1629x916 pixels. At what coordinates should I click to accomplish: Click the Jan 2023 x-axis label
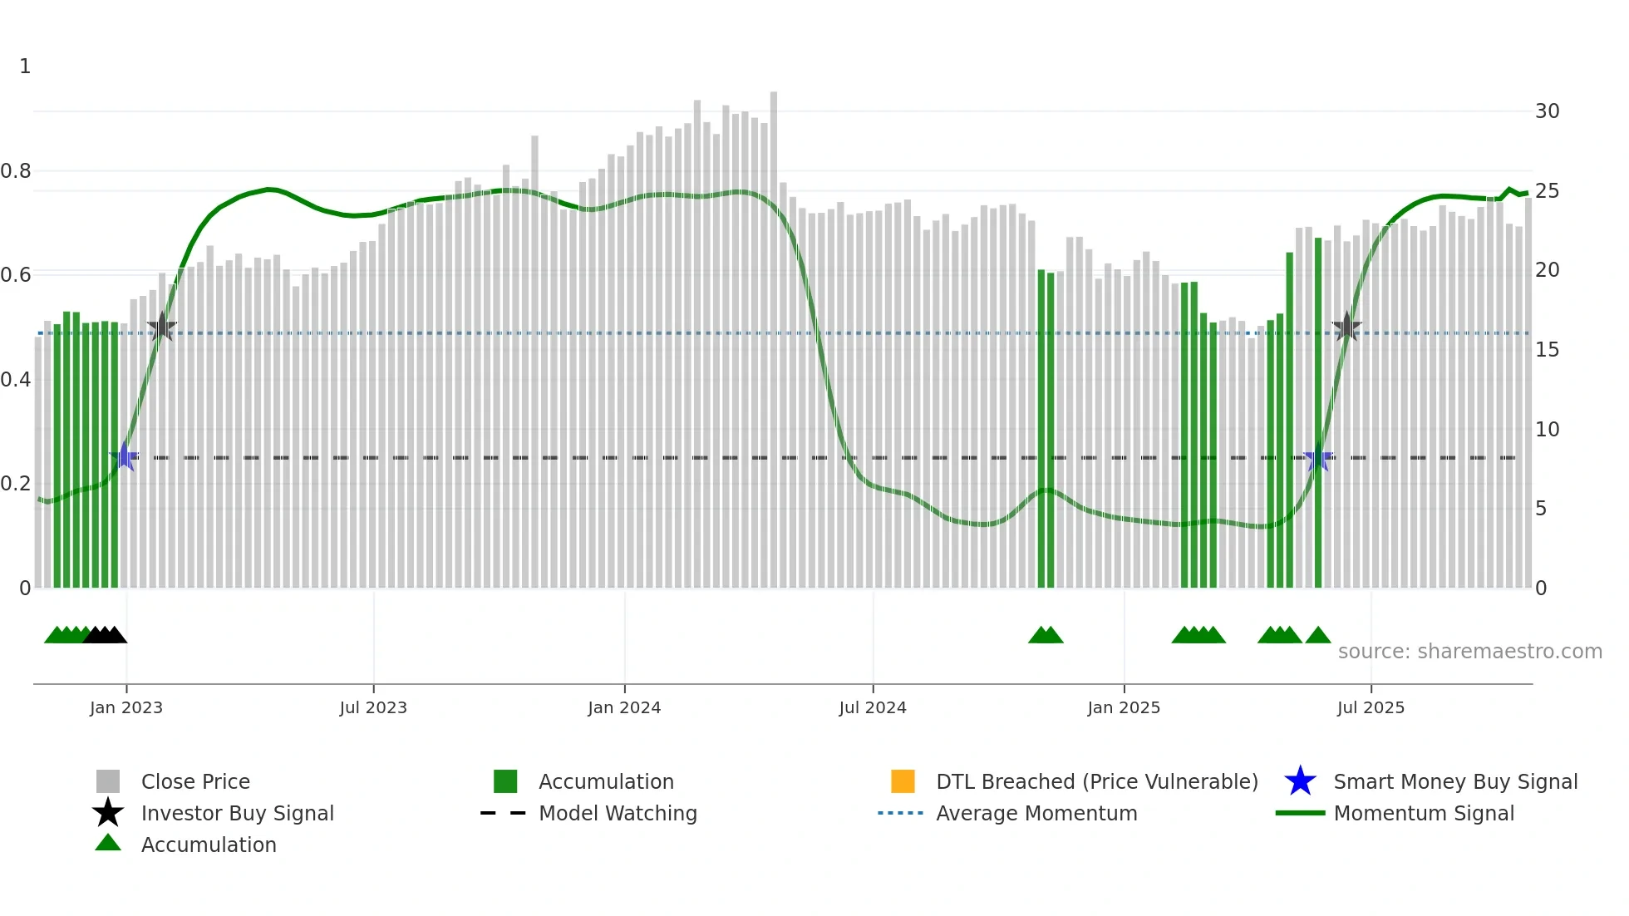pos(126,707)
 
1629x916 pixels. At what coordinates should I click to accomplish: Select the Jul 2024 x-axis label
pos(873,707)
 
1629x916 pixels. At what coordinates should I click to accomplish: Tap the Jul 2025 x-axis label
pos(1371,707)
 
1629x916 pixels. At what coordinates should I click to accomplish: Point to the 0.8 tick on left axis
pos(16,171)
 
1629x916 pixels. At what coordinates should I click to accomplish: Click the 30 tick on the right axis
pos(1547,111)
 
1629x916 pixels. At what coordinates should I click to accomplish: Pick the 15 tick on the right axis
pos(1547,350)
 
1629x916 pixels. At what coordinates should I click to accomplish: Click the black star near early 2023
pos(162,327)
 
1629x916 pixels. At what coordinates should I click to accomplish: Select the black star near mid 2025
pos(1346,327)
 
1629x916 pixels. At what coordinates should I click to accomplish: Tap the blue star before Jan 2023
pos(124,456)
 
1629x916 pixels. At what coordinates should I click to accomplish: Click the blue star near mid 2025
pos(1318,456)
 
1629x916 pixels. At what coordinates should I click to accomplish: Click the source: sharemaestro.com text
pos(1469,652)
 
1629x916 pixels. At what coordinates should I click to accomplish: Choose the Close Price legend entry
pos(195,781)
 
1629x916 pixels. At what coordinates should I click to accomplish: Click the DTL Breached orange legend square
pos(903,781)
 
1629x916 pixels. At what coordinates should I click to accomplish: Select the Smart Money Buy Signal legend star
pos(1300,781)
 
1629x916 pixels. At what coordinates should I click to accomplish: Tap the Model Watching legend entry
pos(618,813)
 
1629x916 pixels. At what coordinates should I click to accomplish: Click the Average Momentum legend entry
pos(1036,813)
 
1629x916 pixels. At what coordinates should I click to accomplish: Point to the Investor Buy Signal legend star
pos(108,813)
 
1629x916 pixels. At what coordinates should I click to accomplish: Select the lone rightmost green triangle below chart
pos(1318,636)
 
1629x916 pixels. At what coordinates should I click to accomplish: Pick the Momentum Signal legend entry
pos(1424,813)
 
